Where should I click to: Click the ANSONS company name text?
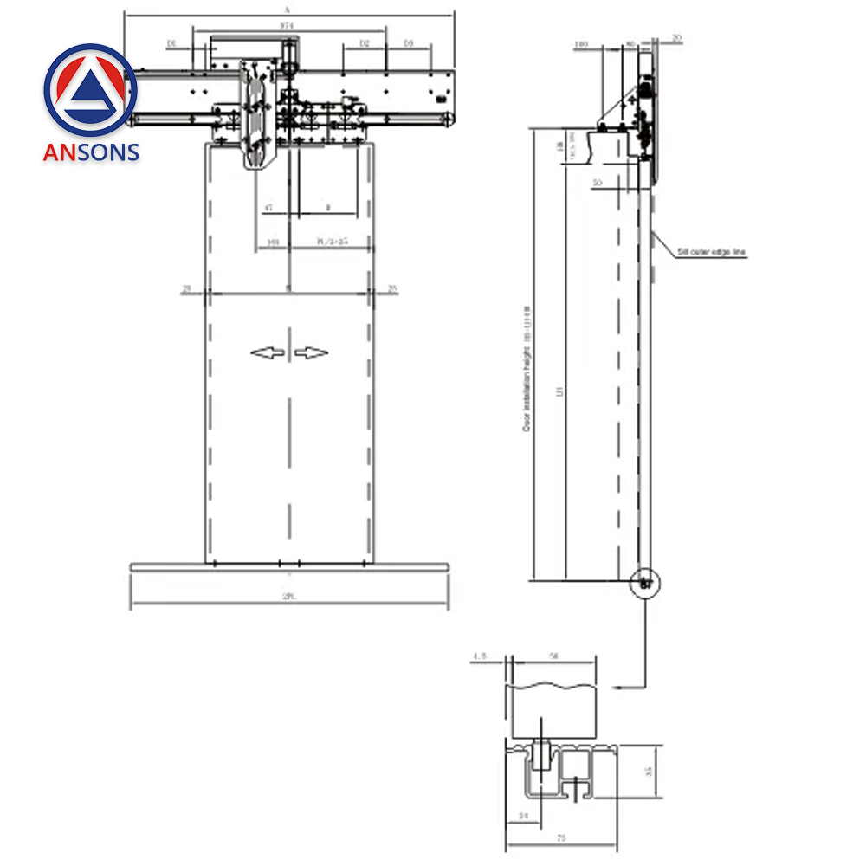tap(91, 152)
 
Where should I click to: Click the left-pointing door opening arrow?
tap(267, 352)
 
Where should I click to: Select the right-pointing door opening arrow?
tap(312, 352)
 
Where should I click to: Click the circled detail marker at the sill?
tap(645, 583)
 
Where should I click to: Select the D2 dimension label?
tap(364, 42)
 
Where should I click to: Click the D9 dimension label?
tap(408, 42)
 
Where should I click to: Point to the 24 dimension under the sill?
tap(522, 814)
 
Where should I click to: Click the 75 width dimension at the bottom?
tap(560, 838)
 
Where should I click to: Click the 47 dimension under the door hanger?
tap(268, 208)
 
